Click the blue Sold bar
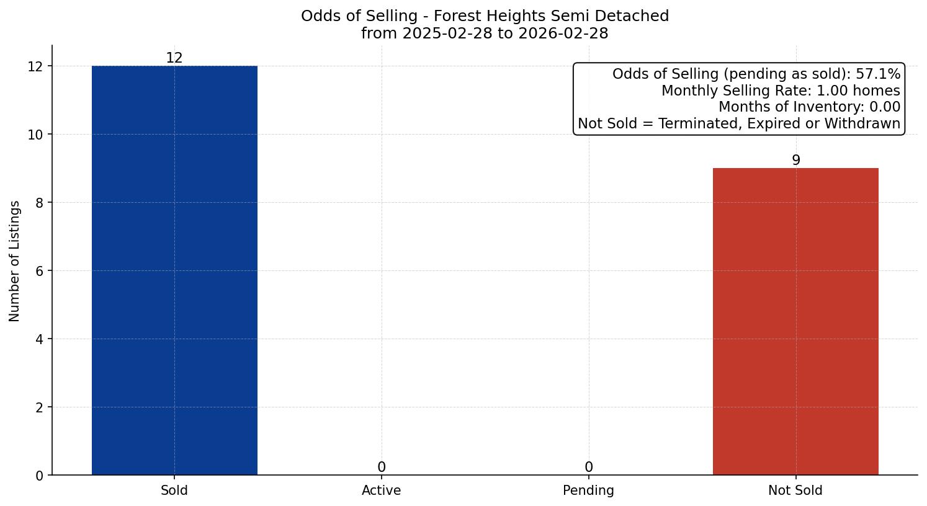click(x=174, y=270)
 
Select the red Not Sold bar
click(x=795, y=321)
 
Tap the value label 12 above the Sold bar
click(x=174, y=58)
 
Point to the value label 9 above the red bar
click(x=795, y=160)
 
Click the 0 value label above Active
click(x=382, y=467)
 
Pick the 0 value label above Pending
click(x=588, y=467)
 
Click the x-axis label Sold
click(x=174, y=490)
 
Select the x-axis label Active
click(x=382, y=490)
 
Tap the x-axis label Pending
click(x=588, y=490)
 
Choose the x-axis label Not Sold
click(x=795, y=490)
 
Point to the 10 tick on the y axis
click(x=35, y=135)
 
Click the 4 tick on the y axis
click(x=39, y=339)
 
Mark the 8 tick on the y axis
click(x=39, y=203)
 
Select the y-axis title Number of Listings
click(x=15, y=260)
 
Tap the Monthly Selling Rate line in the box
click(x=780, y=91)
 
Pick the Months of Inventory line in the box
click(x=808, y=107)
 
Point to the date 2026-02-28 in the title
click(x=563, y=33)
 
